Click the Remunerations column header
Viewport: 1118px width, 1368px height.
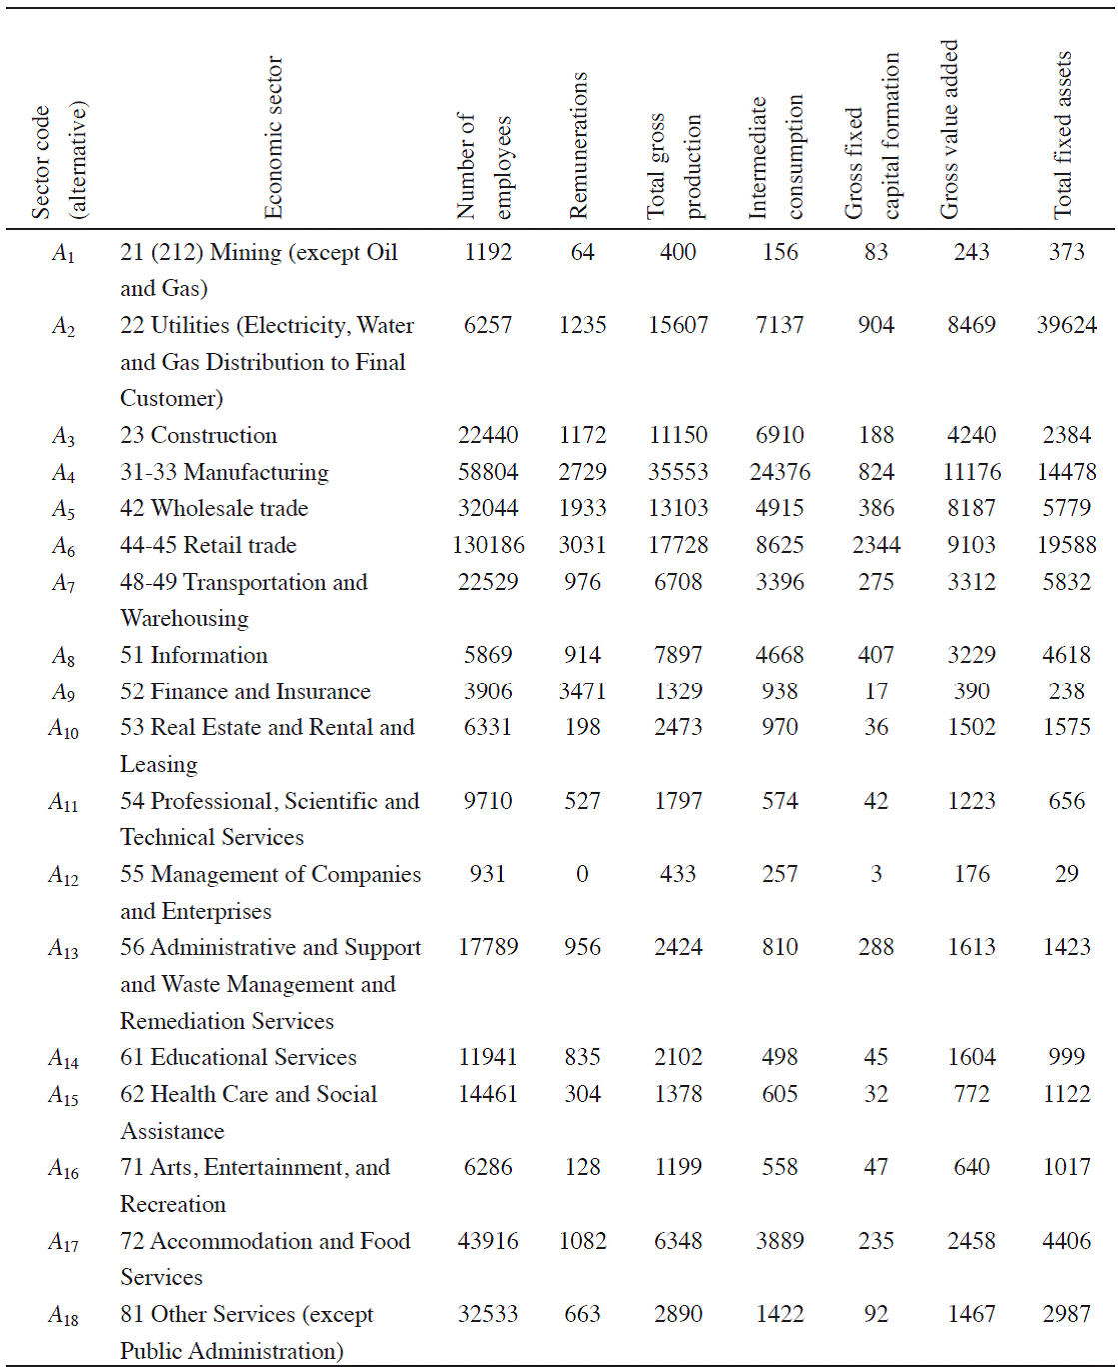[579, 145]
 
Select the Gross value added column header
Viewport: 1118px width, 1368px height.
[949, 130]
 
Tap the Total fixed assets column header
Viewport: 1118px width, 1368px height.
[1063, 135]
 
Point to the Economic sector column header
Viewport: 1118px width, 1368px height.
[274, 137]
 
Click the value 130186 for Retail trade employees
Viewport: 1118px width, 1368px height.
[488, 545]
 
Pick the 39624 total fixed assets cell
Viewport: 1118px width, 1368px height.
[1066, 325]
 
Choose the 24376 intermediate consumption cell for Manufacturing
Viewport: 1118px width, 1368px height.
[780, 472]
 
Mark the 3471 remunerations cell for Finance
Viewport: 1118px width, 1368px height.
[582, 691]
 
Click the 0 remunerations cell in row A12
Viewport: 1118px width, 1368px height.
[582, 874]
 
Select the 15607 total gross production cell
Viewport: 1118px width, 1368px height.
[678, 325]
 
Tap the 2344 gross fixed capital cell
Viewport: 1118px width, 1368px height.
[876, 545]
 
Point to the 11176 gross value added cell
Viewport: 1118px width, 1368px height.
[971, 472]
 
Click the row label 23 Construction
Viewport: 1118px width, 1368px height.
[199, 435]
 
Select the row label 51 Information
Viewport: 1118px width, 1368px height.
[194, 655]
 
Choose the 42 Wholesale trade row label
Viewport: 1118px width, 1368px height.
[214, 508]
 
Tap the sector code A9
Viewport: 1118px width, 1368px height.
[63, 692]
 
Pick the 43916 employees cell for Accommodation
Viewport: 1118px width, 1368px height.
[488, 1241]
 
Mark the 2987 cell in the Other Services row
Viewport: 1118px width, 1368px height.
[1066, 1314]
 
